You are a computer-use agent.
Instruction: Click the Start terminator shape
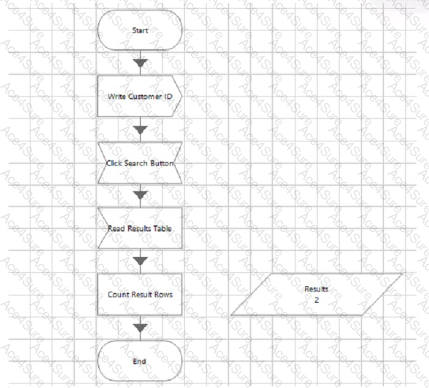[140, 30]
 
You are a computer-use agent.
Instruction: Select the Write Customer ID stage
[140, 97]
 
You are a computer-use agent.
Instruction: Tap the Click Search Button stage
[140, 163]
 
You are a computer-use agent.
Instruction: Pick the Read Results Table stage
[140, 228]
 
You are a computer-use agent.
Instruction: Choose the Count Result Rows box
[140, 294]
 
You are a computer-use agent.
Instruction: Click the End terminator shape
[140, 361]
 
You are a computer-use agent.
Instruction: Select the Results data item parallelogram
[316, 294]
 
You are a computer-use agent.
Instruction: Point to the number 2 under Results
[316, 300]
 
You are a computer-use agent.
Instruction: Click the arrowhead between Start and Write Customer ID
[140, 63]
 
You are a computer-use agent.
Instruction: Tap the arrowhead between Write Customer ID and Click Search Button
[140, 130]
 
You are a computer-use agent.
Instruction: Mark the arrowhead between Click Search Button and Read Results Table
[140, 195]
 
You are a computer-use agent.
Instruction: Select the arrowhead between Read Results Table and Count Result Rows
[140, 261]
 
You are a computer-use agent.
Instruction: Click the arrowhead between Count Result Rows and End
[140, 328]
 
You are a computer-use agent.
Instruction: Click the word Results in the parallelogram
[316, 289]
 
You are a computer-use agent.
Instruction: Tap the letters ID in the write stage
[168, 97]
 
